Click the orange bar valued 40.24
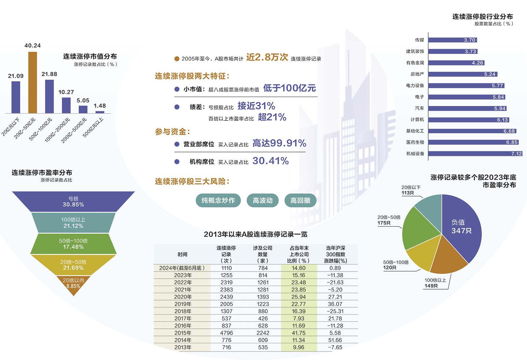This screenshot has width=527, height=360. (x=33, y=82)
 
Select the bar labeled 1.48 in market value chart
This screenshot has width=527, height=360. (x=100, y=112)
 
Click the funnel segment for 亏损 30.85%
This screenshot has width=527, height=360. (x=73, y=201)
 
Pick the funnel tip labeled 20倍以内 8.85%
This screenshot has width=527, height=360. (x=73, y=284)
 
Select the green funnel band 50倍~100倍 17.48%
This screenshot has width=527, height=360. (x=73, y=244)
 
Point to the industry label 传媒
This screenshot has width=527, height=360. (x=419, y=40)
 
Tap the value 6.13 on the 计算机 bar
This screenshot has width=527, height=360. (x=502, y=120)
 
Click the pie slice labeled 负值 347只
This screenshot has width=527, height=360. (x=461, y=227)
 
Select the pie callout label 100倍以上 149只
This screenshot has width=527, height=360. (x=435, y=283)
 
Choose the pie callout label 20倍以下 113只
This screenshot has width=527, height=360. (x=410, y=190)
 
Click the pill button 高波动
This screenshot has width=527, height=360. (x=263, y=200)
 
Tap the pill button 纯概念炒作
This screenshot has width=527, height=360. (x=218, y=200)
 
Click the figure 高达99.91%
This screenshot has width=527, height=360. (x=279, y=143)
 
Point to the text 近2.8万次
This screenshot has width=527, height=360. (x=267, y=57)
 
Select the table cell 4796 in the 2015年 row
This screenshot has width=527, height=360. (x=226, y=333)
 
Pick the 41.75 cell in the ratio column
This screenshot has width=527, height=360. (x=298, y=333)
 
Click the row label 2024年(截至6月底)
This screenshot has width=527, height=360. (x=182, y=268)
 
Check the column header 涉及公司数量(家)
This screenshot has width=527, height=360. (x=263, y=254)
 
